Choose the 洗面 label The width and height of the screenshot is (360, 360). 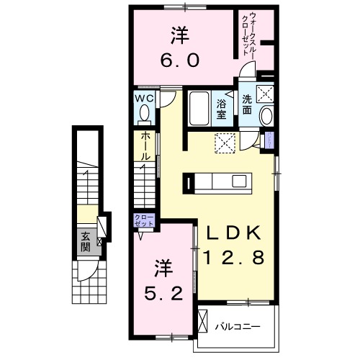pyautogui.click(x=247, y=106)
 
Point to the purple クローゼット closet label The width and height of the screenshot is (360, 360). pyautogui.click(x=140, y=220)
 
